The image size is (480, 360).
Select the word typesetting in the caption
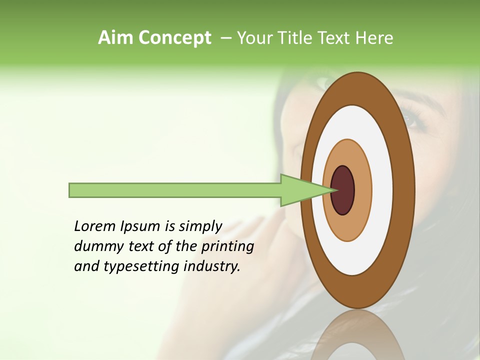(141, 266)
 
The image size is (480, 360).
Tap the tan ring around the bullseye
(362, 190)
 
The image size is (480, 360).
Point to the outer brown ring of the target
(404, 190)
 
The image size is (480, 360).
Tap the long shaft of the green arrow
(175, 190)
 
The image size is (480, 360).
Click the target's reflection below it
(357, 335)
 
